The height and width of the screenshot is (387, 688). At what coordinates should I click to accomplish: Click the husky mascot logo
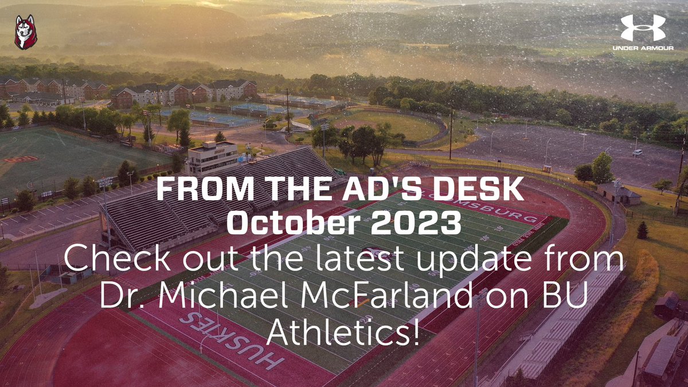[x=26, y=33]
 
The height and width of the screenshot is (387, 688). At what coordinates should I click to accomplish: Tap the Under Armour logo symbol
[x=642, y=28]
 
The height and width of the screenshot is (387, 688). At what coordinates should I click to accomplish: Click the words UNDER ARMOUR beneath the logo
[x=642, y=48]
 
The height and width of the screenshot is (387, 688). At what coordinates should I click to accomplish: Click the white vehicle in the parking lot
[x=636, y=153]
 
